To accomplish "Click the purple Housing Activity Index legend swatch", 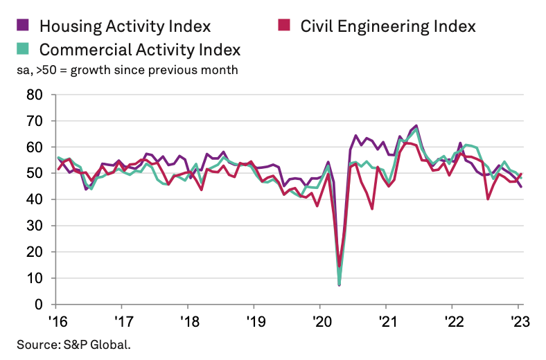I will click(x=23, y=26).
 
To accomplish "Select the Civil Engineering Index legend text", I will click(x=388, y=26).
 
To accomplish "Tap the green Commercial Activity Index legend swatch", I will click(x=23, y=49).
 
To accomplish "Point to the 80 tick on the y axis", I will click(x=35, y=94).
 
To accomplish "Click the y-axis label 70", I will click(x=35, y=120).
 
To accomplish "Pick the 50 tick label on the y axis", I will click(x=35, y=173).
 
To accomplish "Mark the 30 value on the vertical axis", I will click(x=35, y=226).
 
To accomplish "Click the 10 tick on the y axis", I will click(x=35, y=278).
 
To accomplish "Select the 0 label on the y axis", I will click(x=39, y=304).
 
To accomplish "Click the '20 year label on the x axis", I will click(x=319, y=322).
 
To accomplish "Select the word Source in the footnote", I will click(x=35, y=343).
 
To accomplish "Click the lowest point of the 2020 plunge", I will click(x=339, y=285).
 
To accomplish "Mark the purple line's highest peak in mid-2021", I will click(x=416, y=126).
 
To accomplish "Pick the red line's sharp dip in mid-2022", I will click(x=488, y=199).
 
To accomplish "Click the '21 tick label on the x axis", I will click(x=385, y=322).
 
